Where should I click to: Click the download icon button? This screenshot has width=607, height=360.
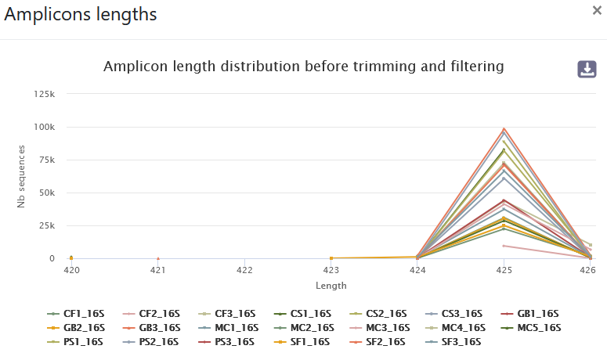click(x=587, y=69)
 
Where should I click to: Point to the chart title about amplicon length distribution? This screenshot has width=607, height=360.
click(x=303, y=66)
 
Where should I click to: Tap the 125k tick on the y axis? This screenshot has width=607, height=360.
click(x=45, y=94)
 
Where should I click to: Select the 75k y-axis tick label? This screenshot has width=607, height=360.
click(x=46, y=160)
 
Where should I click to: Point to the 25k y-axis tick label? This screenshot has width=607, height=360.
click(x=46, y=225)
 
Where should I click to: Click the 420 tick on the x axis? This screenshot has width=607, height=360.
click(x=70, y=270)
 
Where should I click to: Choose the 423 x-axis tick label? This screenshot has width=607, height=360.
click(x=331, y=270)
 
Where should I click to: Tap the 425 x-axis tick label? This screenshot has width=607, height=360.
click(x=504, y=270)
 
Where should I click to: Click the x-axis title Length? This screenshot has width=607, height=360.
click(x=331, y=286)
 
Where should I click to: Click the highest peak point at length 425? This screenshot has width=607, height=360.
click(x=504, y=128)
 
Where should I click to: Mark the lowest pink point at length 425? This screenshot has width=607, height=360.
click(x=504, y=246)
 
